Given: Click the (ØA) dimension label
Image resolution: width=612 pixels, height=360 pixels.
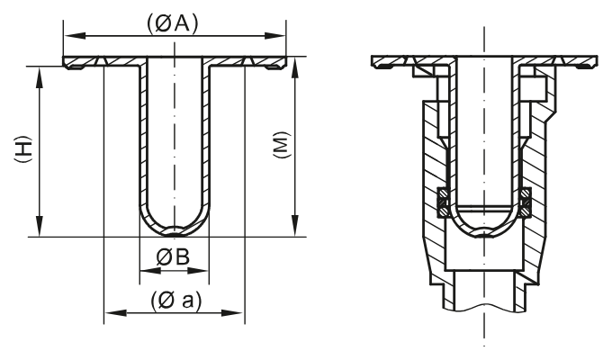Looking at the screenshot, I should pos(174,24).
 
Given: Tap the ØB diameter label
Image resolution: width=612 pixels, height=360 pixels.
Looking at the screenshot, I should pos(174,256).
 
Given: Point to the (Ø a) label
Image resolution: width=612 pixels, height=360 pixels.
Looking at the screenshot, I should pos(174,301).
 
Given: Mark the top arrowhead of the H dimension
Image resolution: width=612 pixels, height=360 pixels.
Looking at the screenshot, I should pos(40,71).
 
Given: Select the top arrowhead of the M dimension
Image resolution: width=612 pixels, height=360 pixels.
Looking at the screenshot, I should pos(297,71).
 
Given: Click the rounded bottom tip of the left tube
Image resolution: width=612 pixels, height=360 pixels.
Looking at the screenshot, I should pos(175,233).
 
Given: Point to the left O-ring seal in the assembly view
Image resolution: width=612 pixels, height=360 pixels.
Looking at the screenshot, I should pos(442,202).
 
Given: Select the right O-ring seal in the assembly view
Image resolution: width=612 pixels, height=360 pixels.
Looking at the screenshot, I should pos(526,202).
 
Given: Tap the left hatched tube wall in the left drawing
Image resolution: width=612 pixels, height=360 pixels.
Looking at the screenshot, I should pos(141,144).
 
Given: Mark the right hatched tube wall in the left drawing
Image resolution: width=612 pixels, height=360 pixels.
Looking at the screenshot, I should pos(208,144).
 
